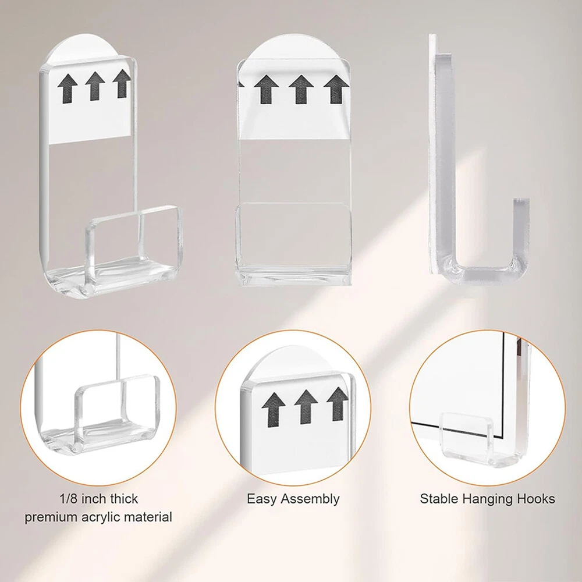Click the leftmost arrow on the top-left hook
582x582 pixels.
(x=68, y=88)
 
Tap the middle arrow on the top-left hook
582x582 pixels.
(x=95, y=86)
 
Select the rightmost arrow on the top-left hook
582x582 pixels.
(x=122, y=83)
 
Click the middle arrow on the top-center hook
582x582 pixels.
(x=301, y=89)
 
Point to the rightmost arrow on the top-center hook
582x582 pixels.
(x=336, y=89)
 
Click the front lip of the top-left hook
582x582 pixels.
(x=134, y=237)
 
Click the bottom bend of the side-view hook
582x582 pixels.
(x=482, y=273)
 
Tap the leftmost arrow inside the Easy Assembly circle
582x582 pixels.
(x=274, y=409)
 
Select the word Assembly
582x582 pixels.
(x=310, y=499)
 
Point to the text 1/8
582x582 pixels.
(x=68, y=499)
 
